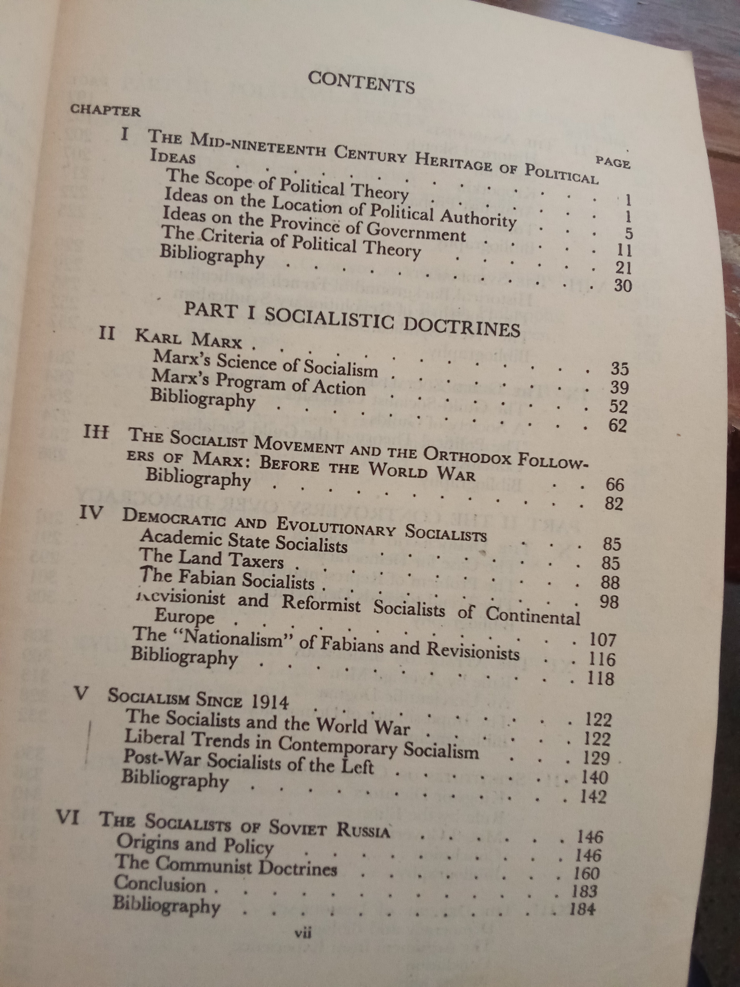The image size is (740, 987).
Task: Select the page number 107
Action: click(x=602, y=640)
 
